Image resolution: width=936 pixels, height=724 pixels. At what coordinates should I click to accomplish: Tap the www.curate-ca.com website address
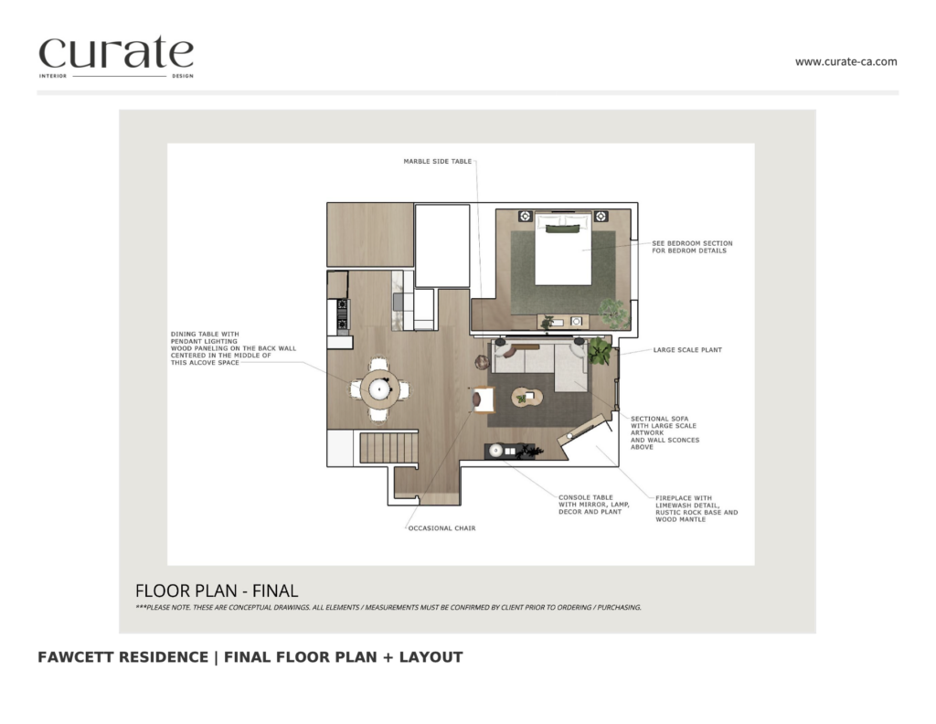tap(846, 61)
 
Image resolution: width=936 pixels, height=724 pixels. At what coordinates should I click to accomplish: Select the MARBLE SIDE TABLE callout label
tap(438, 161)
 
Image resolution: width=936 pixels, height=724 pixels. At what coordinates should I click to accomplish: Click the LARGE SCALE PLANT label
tap(687, 350)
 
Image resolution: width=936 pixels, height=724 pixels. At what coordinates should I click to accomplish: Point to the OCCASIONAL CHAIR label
tap(441, 528)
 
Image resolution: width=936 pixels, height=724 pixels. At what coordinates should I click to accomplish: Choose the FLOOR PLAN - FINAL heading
tap(217, 591)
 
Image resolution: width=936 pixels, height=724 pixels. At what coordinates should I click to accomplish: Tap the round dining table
tap(379, 389)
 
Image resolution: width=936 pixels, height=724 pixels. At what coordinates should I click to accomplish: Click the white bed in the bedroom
tap(563, 249)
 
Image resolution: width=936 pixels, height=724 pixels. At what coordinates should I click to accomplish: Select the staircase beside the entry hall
tap(388, 448)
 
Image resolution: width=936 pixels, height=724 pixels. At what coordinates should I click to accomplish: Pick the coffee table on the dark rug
tap(526, 398)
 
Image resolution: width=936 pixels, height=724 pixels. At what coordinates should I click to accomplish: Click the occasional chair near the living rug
tap(483, 399)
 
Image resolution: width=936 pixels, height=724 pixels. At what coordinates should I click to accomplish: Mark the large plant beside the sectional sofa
tap(599, 351)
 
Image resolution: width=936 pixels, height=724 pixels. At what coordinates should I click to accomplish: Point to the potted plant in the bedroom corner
tap(614, 313)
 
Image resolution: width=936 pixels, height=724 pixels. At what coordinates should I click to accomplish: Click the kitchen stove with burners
tap(343, 315)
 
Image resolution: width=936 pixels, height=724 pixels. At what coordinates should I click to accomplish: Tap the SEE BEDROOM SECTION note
tap(692, 247)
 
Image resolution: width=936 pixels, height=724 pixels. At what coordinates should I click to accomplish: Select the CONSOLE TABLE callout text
tap(594, 505)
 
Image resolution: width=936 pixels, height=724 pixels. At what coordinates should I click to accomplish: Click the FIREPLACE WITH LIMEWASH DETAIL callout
tap(696, 508)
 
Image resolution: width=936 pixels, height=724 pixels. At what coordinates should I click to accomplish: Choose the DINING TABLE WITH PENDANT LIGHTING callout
tap(233, 348)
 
